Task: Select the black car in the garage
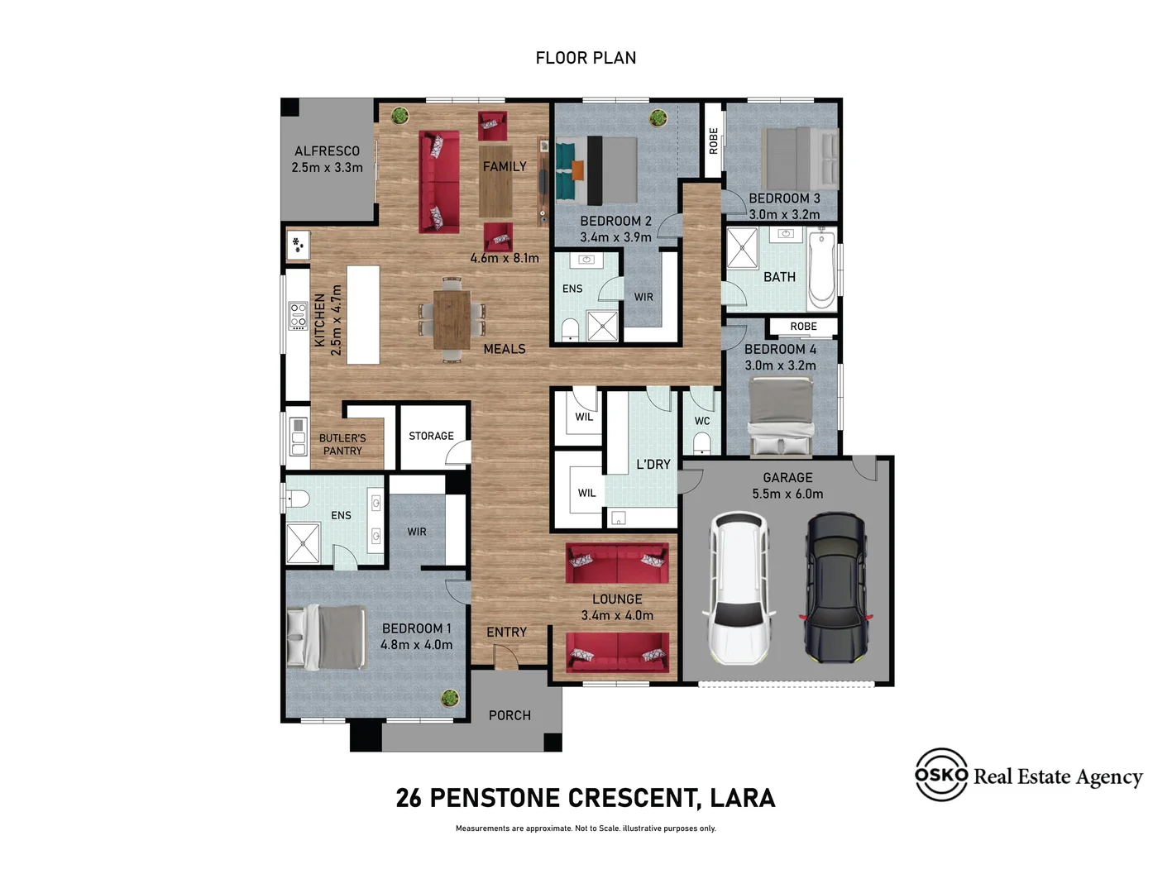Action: coord(836,588)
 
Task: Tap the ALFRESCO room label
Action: coord(327,151)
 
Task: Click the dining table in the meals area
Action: coord(452,319)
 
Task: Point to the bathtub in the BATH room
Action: coord(822,270)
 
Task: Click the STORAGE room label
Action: coord(431,436)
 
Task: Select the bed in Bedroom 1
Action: coord(327,637)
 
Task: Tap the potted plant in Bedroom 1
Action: coord(450,698)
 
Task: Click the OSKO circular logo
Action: coord(940,775)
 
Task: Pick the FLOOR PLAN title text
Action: coord(586,58)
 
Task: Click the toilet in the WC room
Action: coord(701,444)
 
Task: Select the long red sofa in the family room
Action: coord(439,181)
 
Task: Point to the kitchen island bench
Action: coord(363,315)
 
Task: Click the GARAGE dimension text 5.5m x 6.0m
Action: coord(787,494)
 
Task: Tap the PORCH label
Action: coord(509,715)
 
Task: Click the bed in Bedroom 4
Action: coord(780,415)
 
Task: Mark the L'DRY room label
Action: coord(653,465)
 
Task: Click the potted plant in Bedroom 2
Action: coord(658,117)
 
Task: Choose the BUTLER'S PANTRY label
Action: coord(342,444)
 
